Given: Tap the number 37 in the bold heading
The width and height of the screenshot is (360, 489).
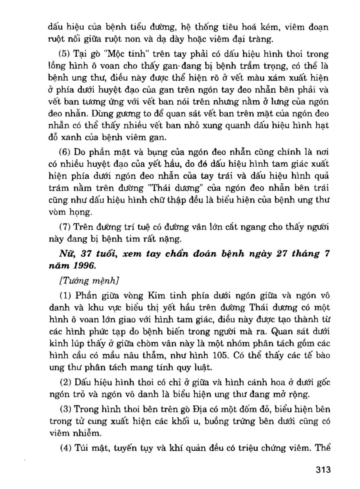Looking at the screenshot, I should point(86,254).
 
